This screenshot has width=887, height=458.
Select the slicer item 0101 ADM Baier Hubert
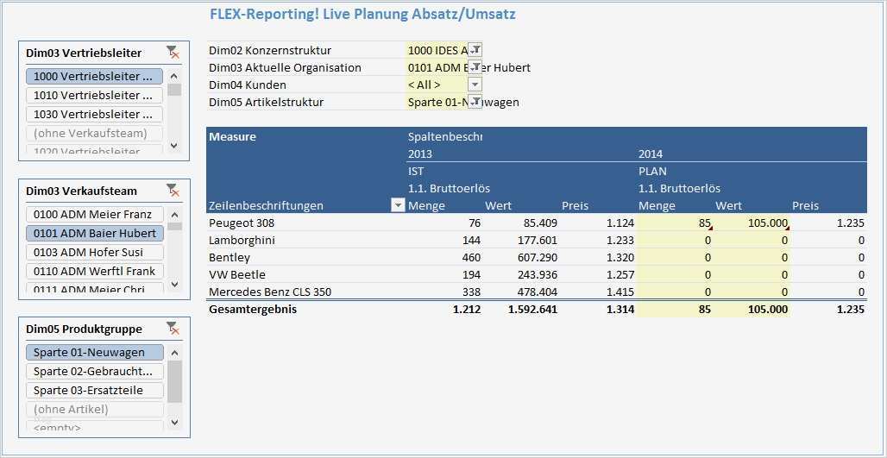[94, 233]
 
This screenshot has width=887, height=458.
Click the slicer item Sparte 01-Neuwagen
[94, 352]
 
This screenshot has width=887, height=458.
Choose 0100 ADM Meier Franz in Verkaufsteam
[94, 214]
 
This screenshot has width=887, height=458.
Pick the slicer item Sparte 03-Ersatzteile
[94, 390]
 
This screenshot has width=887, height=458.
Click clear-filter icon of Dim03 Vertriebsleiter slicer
[173, 53]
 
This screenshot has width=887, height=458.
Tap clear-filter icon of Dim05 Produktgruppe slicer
[173, 329]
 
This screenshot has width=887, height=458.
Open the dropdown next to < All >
[475, 85]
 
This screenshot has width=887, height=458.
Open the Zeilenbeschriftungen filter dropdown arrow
[398, 205]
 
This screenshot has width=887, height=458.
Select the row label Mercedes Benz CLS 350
[269, 292]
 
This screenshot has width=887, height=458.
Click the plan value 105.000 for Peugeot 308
[767, 223]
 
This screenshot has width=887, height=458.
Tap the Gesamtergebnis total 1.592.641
[532, 309]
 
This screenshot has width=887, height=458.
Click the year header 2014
[651, 154]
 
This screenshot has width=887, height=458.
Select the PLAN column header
[652, 171]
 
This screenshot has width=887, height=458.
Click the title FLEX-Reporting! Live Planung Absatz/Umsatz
[362, 14]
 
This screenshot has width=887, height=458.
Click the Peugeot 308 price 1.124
[620, 223]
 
